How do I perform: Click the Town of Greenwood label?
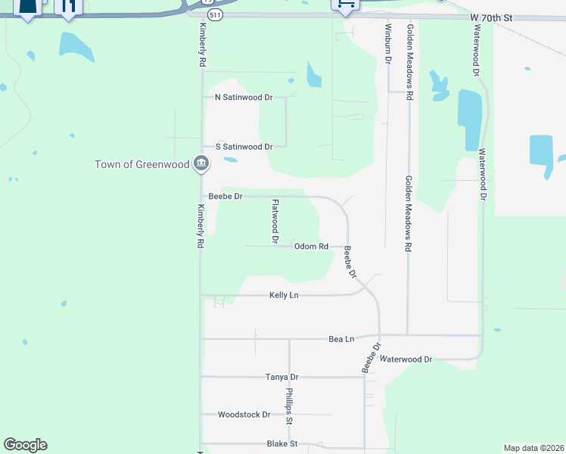point(141,164)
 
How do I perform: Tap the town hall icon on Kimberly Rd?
point(201,163)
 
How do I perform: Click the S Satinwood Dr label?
point(244,147)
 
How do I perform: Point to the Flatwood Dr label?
point(276,220)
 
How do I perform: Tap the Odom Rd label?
point(311,247)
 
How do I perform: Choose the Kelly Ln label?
point(285,295)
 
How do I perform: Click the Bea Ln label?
point(341,340)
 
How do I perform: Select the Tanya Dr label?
point(282,377)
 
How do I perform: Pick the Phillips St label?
point(289,407)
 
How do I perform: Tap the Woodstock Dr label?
point(244,415)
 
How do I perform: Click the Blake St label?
point(282,444)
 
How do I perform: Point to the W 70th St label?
point(491,17)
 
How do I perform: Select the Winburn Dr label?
point(387,42)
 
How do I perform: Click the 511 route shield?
point(217,14)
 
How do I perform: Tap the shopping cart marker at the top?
point(345,5)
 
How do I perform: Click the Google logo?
point(25,445)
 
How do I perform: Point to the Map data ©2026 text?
point(533,448)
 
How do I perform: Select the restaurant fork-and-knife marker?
point(68,8)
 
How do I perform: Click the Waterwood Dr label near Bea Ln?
point(406,359)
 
